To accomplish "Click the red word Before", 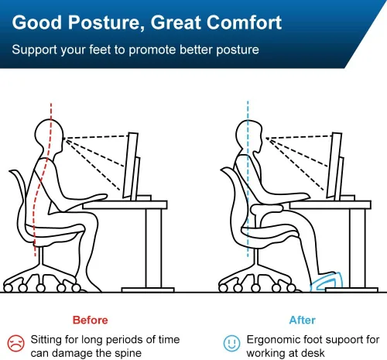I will point(89,320).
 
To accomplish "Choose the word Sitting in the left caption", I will point(49,339).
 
